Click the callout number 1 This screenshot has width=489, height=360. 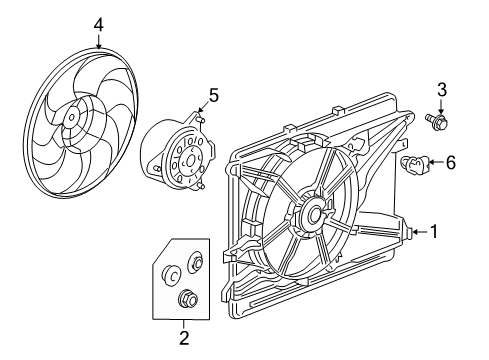(434, 232)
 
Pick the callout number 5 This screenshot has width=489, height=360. (213, 95)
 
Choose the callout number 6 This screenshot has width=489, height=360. (449, 161)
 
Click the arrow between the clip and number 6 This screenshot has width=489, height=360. (432, 162)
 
